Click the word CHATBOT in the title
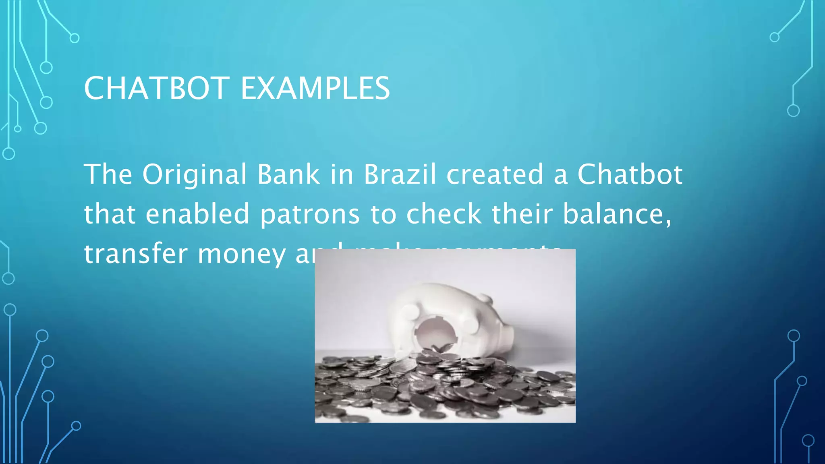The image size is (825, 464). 157,88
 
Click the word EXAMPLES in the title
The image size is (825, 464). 315,88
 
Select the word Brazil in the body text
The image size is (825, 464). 400,174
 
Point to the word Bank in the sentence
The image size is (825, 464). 288,174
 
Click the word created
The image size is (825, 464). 495,174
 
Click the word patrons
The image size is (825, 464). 310,215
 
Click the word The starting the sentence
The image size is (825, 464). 108,174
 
